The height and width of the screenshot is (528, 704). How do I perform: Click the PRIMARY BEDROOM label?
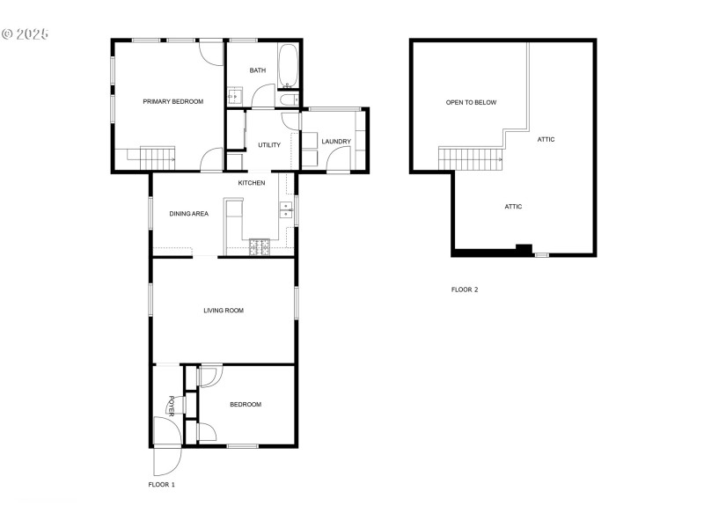click(173, 102)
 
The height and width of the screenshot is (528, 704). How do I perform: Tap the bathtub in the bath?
click(289, 67)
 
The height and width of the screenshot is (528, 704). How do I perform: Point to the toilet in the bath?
click(289, 100)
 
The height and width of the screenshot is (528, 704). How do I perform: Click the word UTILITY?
click(269, 145)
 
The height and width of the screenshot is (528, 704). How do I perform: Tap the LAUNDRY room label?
click(336, 142)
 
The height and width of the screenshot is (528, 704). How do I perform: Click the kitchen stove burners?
click(260, 247)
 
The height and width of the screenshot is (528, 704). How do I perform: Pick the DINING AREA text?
click(188, 214)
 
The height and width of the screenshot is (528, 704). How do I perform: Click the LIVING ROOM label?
click(224, 311)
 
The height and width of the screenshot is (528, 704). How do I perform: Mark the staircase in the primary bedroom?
click(158, 158)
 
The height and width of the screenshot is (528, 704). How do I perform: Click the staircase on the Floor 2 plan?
click(471, 158)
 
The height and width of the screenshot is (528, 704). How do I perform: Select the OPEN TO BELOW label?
click(471, 103)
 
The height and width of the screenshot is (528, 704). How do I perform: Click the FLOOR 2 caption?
click(465, 290)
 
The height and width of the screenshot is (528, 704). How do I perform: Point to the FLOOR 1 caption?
click(162, 485)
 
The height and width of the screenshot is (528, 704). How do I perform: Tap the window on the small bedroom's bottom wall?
click(242, 446)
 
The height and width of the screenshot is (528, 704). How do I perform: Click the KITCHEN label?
click(252, 183)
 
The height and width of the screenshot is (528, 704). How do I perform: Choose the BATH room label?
click(258, 71)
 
